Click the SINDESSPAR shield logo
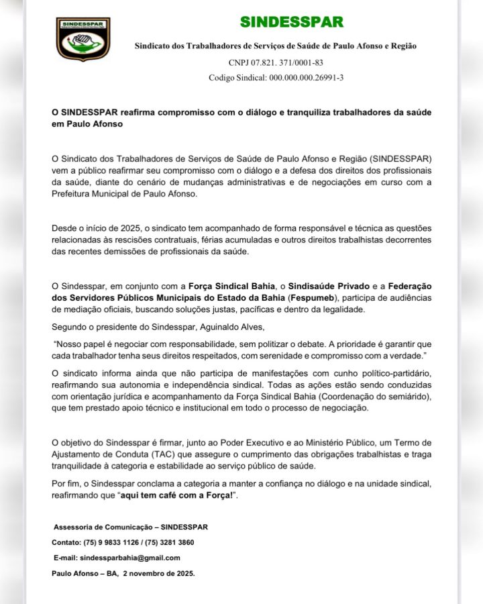[x=83, y=39]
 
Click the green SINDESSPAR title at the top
[x=292, y=21]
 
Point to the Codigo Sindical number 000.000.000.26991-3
[x=307, y=78]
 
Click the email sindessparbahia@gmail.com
[x=129, y=558]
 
